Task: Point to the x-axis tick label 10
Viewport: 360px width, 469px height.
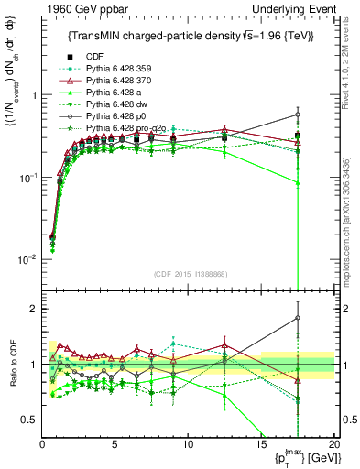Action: [188, 444]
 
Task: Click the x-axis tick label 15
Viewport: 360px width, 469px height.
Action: [261, 444]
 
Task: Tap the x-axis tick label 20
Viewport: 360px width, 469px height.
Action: [333, 444]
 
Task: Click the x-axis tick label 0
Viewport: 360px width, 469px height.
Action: [42, 444]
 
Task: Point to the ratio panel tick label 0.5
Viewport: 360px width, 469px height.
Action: [28, 420]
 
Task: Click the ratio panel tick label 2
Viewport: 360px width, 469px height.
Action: [32, 309]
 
